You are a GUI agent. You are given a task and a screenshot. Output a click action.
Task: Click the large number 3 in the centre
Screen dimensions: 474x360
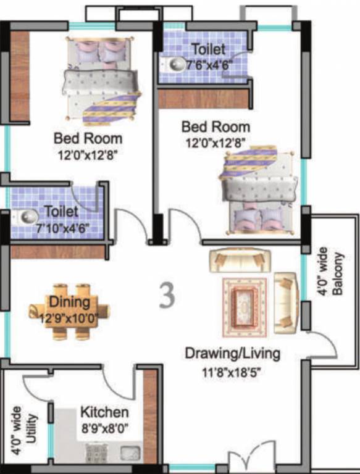(x=167, y=296)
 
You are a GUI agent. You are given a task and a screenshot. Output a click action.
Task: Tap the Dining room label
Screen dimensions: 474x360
(x=70, y=302)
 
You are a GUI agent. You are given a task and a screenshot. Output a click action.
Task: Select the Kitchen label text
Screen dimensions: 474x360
(x=104, y=412)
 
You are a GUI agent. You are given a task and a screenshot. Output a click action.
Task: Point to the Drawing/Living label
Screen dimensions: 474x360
(x=233, y=354)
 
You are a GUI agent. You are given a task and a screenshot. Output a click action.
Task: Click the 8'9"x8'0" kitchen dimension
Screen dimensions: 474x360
(x=104, y=426)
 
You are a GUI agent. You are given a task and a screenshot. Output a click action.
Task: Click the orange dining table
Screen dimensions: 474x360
(x=69, y=312)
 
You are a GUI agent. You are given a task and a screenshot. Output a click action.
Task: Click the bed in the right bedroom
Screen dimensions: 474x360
(x=258, y=188)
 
